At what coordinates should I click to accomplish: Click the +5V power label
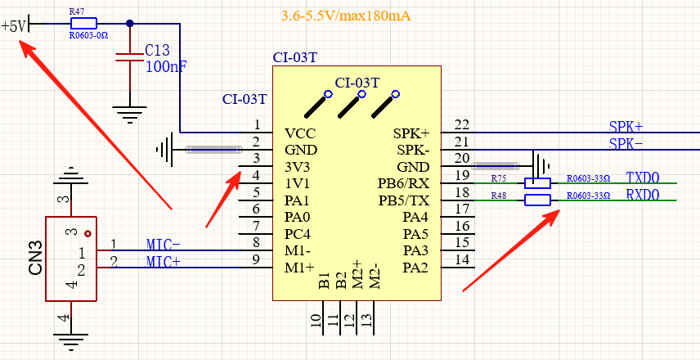14,25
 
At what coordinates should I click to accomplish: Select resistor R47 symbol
83,24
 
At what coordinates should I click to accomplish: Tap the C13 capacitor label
159,51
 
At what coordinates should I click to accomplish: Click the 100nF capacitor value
166,67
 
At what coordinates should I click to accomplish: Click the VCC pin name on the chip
300,133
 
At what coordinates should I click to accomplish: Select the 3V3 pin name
298,167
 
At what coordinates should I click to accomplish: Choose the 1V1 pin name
298,184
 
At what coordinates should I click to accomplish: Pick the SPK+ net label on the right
626,127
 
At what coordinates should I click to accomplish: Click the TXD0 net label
642,178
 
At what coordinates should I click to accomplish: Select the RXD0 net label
642,196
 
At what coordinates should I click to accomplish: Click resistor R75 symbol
537,183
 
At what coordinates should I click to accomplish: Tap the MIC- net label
164,245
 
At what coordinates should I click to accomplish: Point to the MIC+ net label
164,262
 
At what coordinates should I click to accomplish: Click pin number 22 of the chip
462,124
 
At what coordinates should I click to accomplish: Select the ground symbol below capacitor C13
129,112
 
